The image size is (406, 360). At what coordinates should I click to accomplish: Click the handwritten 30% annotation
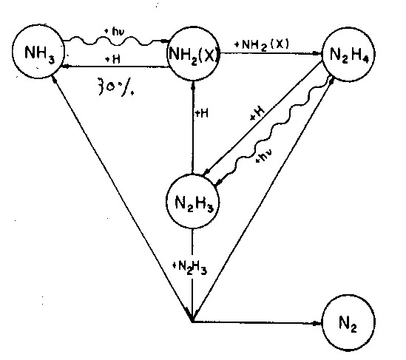coord(116,86)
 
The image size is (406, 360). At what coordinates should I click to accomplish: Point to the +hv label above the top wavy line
coord(114,32)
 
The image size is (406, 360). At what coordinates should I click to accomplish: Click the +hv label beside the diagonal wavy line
coord(264,155)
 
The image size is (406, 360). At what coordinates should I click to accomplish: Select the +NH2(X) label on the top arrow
coord(262,45)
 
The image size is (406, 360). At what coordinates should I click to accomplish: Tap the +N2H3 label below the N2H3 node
coord(190,268)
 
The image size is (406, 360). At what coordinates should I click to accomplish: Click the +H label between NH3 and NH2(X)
coord(113,60)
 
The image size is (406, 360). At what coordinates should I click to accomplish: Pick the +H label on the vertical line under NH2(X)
coord(201,113)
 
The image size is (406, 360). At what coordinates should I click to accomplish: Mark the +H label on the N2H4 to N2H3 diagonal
coord(257,113)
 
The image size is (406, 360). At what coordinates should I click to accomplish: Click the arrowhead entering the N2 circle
coord(317,323)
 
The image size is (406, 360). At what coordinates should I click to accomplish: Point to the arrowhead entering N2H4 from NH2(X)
coord(317,53)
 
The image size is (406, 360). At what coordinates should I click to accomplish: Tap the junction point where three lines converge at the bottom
coord(192,322)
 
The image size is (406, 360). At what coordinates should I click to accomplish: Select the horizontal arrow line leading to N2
coord(257,322)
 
